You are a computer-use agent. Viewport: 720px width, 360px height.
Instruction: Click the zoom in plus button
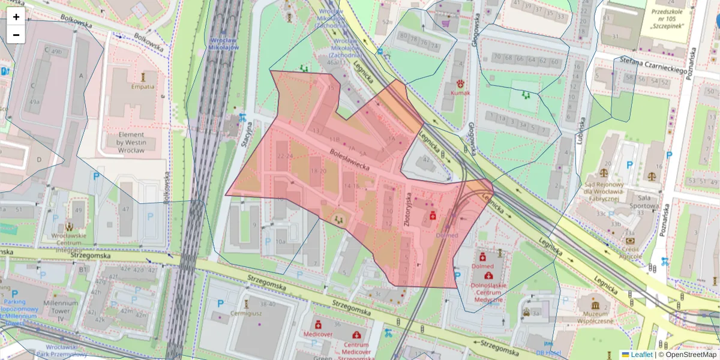point(16,17)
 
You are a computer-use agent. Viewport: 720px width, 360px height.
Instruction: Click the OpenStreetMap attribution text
point(691,355)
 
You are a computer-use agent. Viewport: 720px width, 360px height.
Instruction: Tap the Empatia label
point(143,86)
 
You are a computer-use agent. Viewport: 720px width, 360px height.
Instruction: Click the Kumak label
point(460,93)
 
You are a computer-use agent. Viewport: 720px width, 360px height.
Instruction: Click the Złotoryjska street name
point(409,210)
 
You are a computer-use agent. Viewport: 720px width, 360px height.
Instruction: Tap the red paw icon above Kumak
point(460,83)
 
